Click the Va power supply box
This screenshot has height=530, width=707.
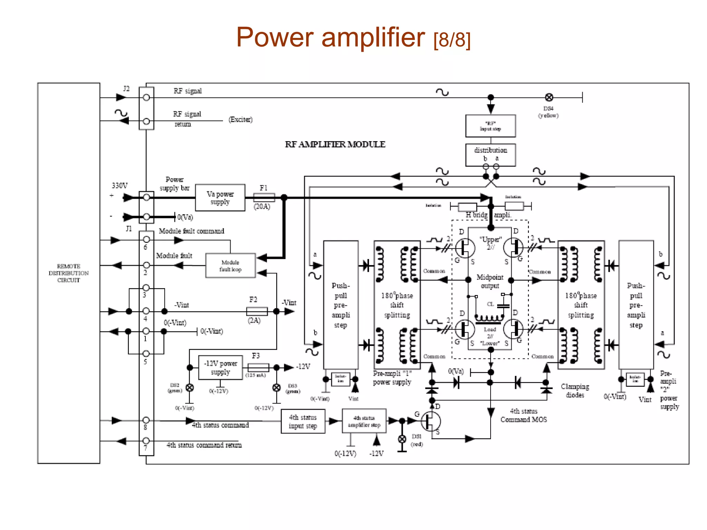220,198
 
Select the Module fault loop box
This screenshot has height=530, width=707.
230,266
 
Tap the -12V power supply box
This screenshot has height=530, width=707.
220,368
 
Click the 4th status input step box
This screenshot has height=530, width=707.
303,421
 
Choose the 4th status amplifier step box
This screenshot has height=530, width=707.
364,421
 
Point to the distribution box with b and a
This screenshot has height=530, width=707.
490,154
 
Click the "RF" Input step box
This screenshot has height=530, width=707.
490,126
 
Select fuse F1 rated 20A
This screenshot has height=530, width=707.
264,198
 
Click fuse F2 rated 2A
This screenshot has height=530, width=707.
257,311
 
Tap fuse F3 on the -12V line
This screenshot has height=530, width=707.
258,367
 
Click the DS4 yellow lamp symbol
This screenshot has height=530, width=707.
549,98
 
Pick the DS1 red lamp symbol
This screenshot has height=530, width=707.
402,439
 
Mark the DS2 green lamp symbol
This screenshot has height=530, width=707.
190,387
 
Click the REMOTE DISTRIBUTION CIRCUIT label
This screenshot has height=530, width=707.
68,273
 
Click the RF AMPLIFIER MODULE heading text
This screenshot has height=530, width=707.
335,144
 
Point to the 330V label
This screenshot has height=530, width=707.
119,186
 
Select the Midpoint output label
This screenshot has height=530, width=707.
490,281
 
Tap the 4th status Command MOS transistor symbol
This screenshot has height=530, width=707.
430,421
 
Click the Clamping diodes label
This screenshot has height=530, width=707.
575,391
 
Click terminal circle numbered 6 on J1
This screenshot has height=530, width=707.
146,239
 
